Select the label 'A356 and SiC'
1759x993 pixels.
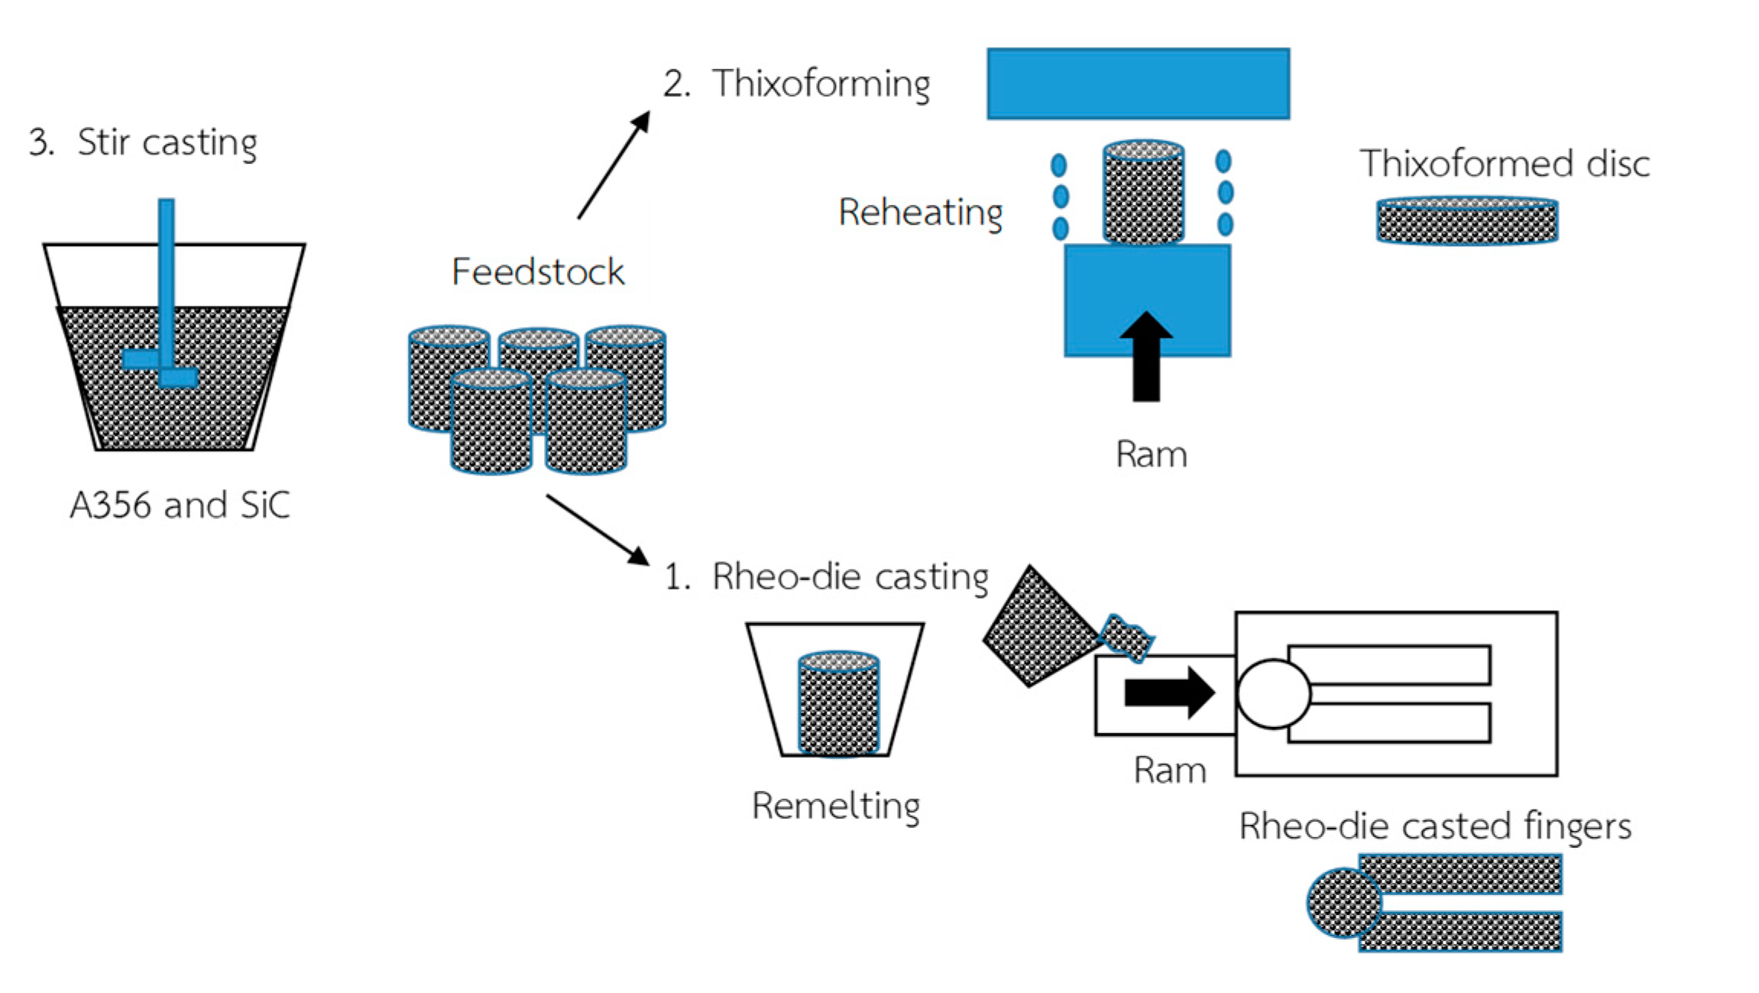pos(180,505)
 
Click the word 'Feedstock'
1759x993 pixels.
pos(538,272)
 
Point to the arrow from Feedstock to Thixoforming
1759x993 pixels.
pos(614,165)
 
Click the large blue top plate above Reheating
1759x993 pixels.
pos(1138,83)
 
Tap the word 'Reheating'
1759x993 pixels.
pos(920,213)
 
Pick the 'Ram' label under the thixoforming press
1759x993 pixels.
pos(1151,454)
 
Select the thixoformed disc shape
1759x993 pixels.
pos(1466,222)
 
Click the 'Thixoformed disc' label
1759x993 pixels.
pos(1504,164)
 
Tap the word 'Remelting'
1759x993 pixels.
pos(836,806)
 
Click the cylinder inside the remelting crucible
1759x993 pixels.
pos(838,703)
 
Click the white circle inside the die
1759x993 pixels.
pos(1273,693)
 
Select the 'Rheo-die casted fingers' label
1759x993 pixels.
pos(1434,826)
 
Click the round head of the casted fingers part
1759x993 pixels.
pos(1343,903)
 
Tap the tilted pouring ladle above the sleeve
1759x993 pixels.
pos(1041,627)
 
